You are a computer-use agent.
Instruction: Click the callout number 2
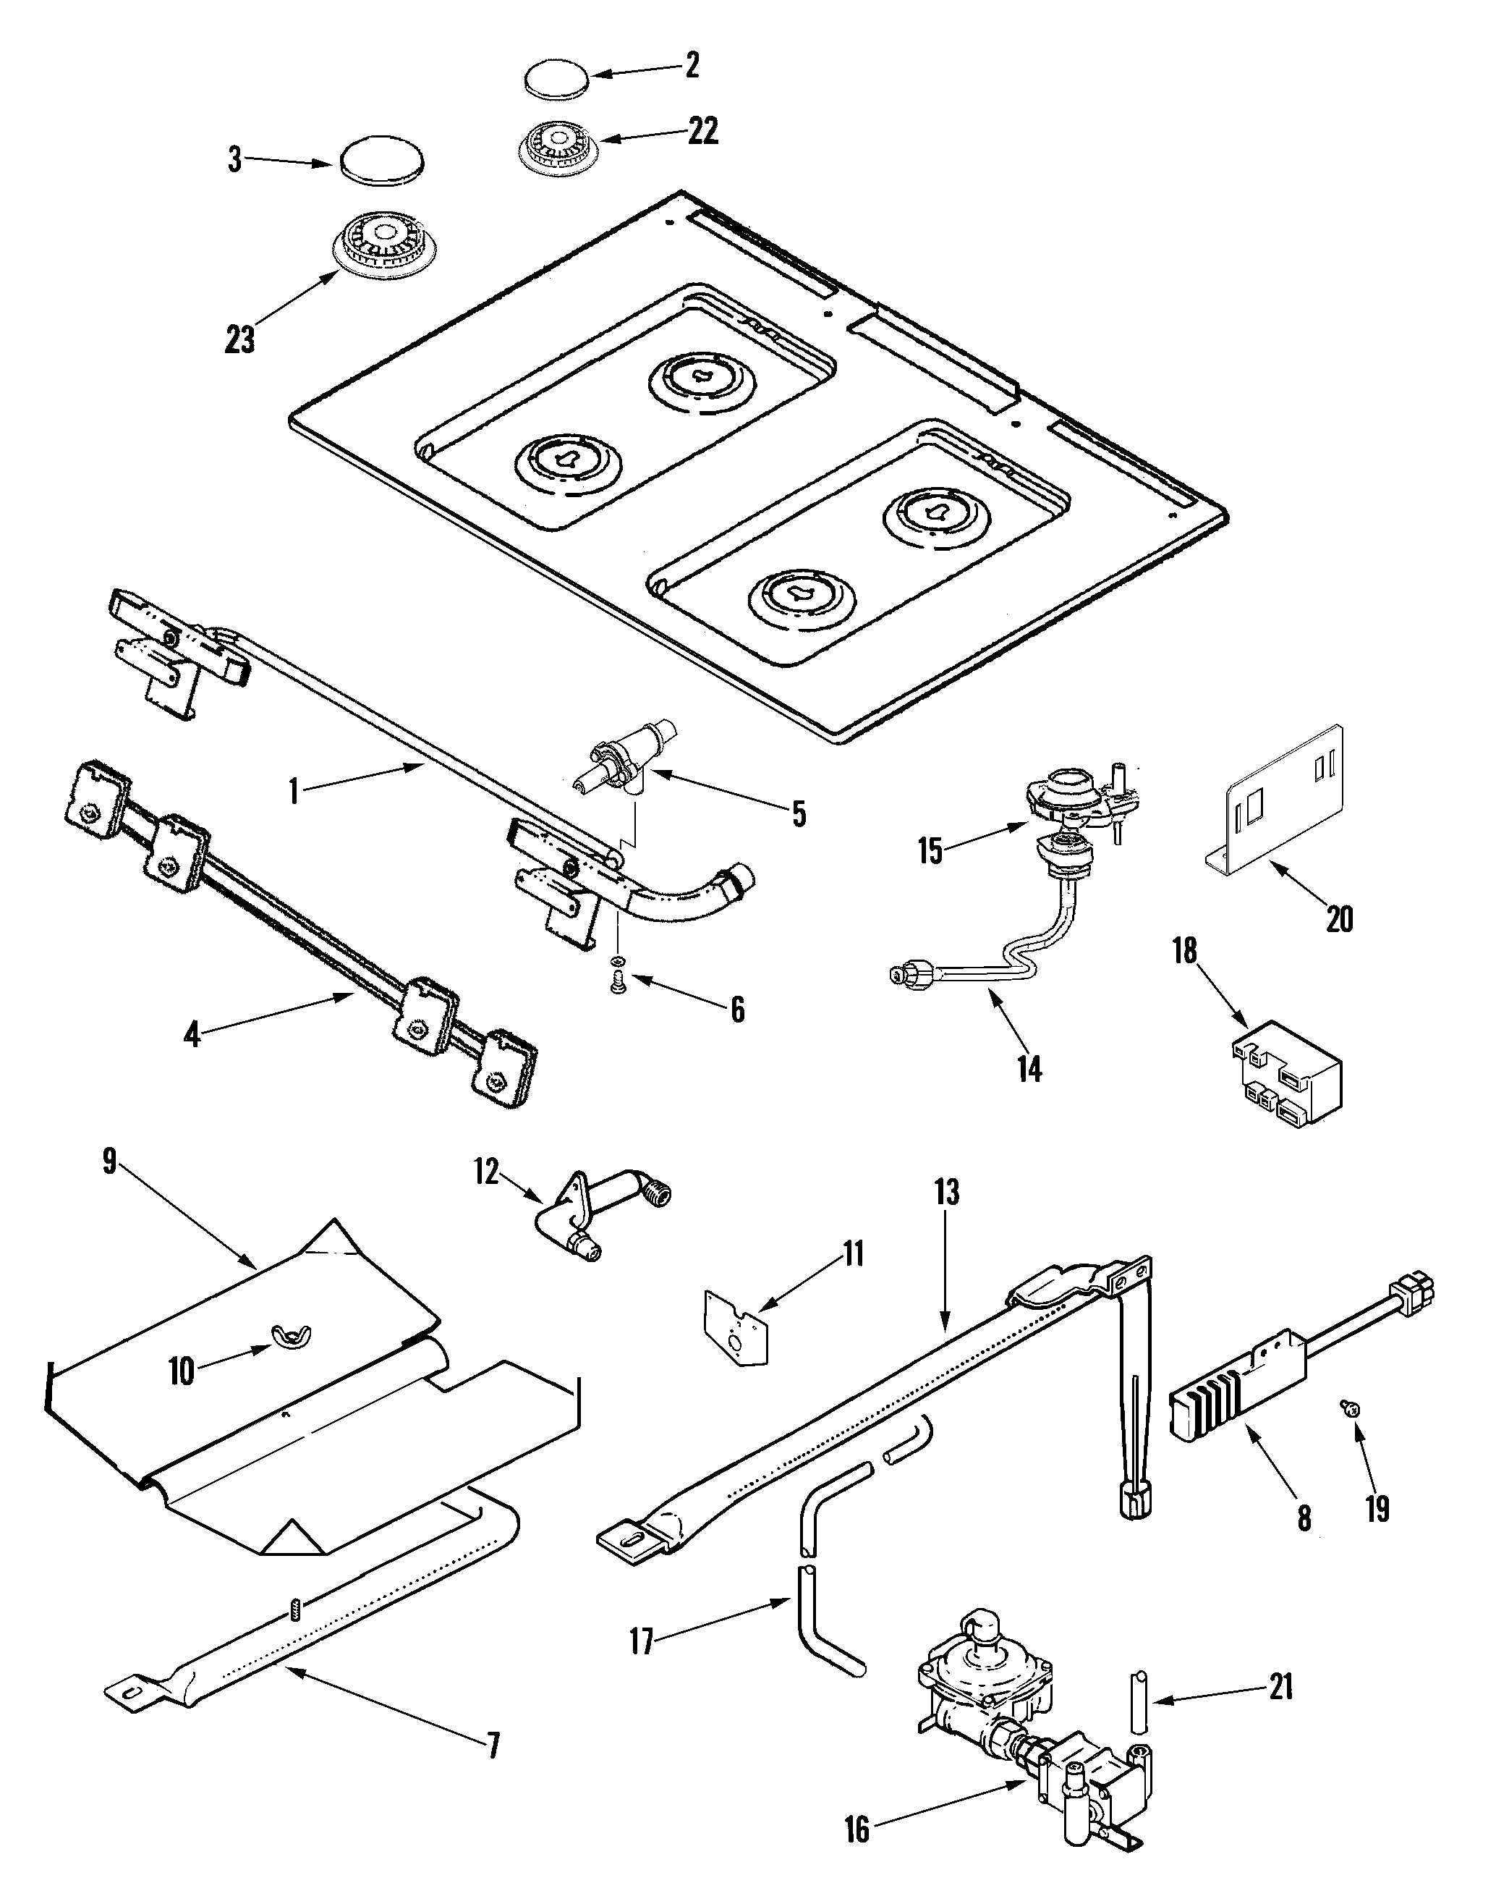click(692, 66)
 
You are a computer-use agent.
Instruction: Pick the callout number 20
click(1339, 919)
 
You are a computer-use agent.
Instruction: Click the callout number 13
click(947, 1192)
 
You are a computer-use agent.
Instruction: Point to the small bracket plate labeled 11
click(736, 1334)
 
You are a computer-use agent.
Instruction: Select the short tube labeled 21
click(1139, 1701)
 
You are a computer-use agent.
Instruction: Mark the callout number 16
click(857, 1847)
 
